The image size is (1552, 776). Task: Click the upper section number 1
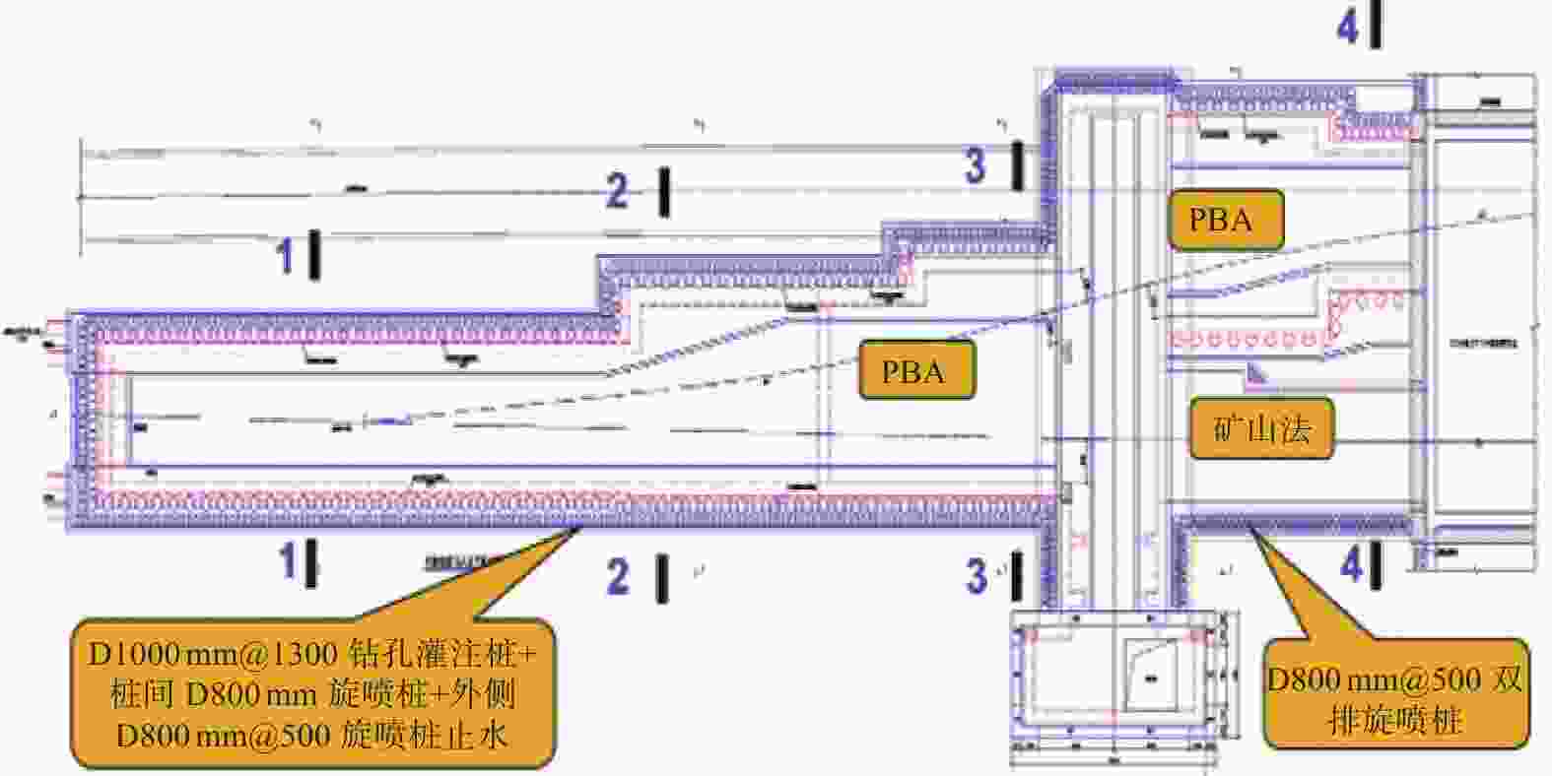[x=286, y=256]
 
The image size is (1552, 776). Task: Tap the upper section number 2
[x=617, y=190]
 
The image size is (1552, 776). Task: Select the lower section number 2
[x=618, y=577]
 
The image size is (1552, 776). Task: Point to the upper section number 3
[x=975, y=164]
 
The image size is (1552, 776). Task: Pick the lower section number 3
[x=976, y=576]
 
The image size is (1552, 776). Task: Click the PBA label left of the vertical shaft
[x=914, y=370]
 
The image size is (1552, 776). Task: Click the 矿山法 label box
[x=1262, y=428]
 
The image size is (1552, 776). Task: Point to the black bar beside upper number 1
[x=314, y=254]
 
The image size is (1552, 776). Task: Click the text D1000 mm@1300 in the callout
[x=213, y=655]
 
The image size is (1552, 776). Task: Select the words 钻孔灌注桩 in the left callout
[x=443, y=655]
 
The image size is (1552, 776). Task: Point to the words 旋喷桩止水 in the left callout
[x=425, y=736]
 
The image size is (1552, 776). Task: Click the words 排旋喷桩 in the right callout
[x=1394, y=720]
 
